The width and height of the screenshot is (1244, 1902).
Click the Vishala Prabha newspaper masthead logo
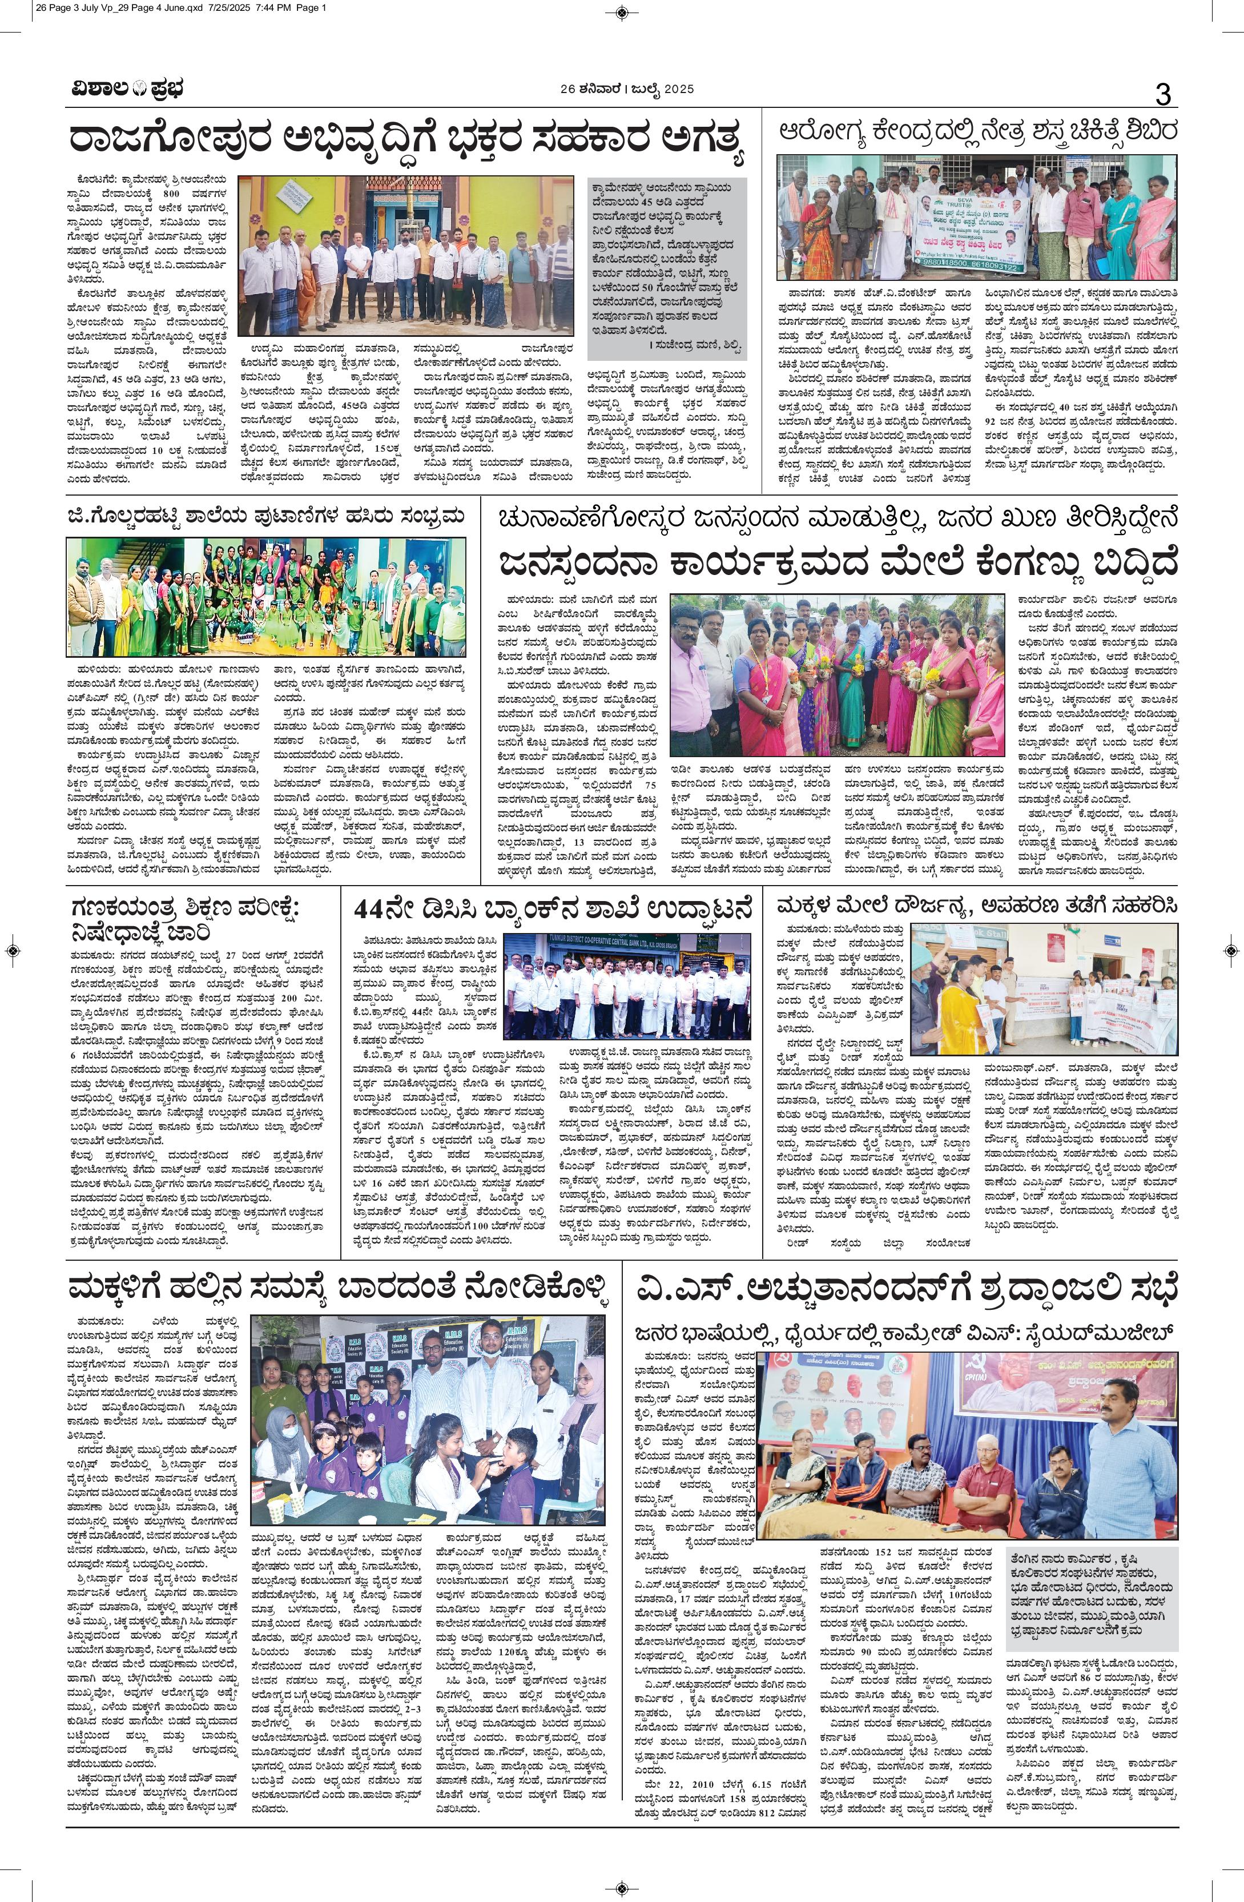[x=124, y=89]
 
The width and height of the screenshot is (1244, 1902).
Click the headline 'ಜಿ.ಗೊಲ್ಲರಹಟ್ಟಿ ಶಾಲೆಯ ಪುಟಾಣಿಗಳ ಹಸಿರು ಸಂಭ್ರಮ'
[x=265, y=517]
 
